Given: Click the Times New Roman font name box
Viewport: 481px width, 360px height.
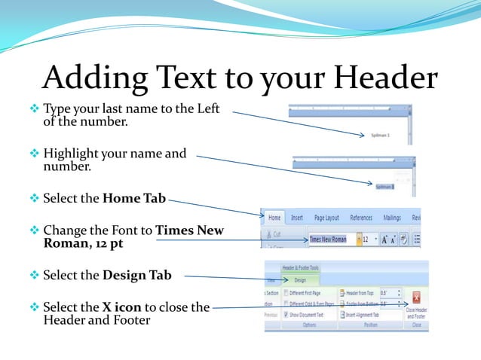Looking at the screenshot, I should pos(329,239).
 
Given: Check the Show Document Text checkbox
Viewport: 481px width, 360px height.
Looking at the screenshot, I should pos(286,315).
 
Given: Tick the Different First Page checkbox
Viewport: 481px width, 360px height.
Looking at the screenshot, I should pos(286,293).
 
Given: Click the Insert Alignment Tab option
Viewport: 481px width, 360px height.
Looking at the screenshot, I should pos(366,315).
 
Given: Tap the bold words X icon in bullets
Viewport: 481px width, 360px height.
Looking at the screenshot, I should pos(122,307).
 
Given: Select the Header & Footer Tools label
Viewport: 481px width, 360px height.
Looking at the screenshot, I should pos(300,267).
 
